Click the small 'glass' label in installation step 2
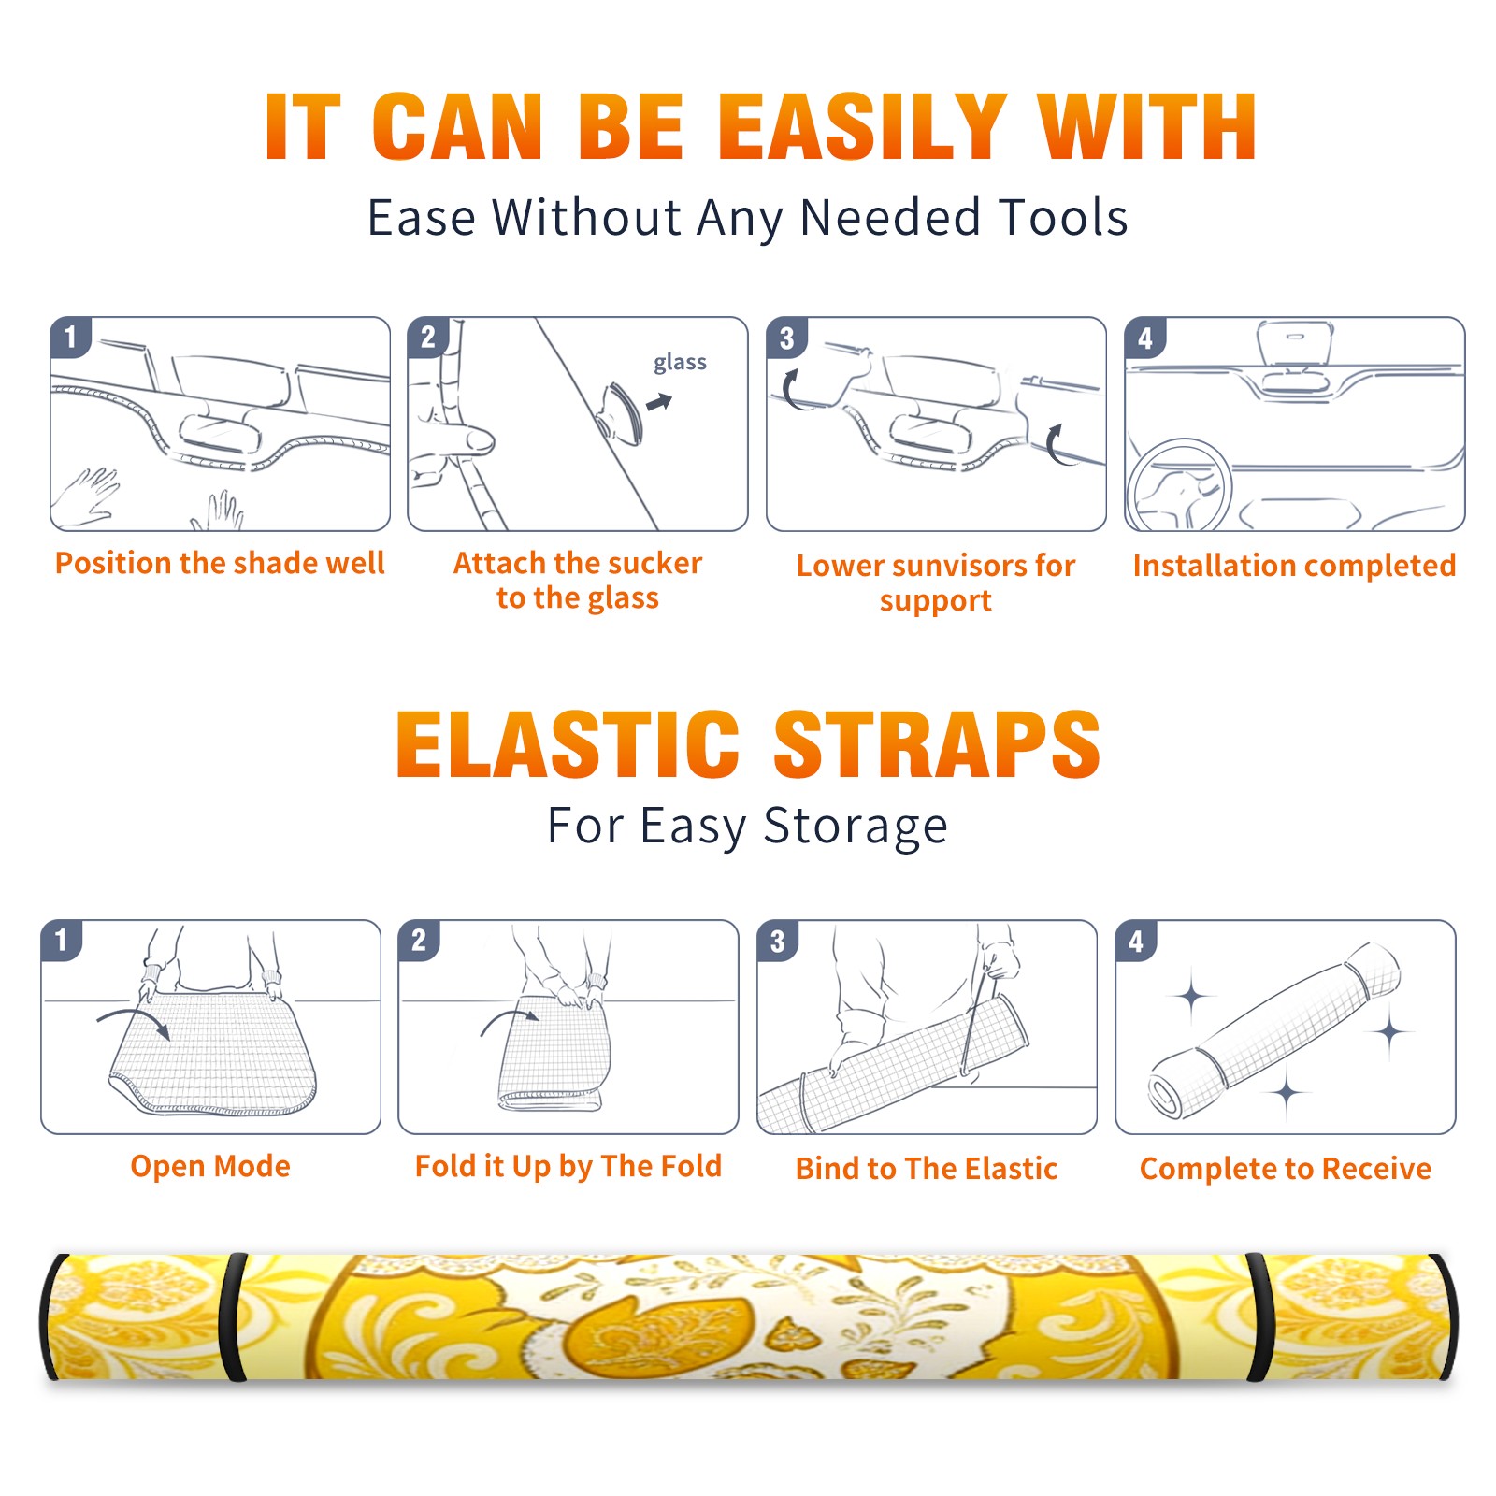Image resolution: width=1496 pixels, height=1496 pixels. (x=680, y=363)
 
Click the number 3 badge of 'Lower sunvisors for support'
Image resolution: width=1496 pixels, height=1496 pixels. (x=786, y=337)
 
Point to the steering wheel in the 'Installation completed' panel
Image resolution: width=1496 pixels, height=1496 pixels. (x=1179, y=486)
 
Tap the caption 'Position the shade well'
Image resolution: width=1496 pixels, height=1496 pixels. (x=220, y=563)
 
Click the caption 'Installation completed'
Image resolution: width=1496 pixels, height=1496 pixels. (x=1294, y=566)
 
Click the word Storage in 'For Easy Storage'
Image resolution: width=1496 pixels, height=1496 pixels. (x=856, y=827)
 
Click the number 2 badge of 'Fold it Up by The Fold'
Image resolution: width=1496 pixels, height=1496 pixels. (x=418, y=940)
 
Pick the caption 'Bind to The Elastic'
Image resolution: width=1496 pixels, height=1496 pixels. (x=926, y=1169)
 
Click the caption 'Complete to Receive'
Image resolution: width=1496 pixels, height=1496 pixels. (x=1286, y=1169)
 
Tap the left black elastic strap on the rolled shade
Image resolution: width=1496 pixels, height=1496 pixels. (x=233, y=1317)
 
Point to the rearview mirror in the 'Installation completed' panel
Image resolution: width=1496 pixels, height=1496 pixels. (x=1294, y=344)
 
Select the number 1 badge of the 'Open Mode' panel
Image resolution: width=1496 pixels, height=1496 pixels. (x=61, y=940)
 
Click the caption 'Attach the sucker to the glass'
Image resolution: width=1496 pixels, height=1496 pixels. (x=578, y=580)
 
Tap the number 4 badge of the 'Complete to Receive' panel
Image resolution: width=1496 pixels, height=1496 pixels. (x=1135, y=940)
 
